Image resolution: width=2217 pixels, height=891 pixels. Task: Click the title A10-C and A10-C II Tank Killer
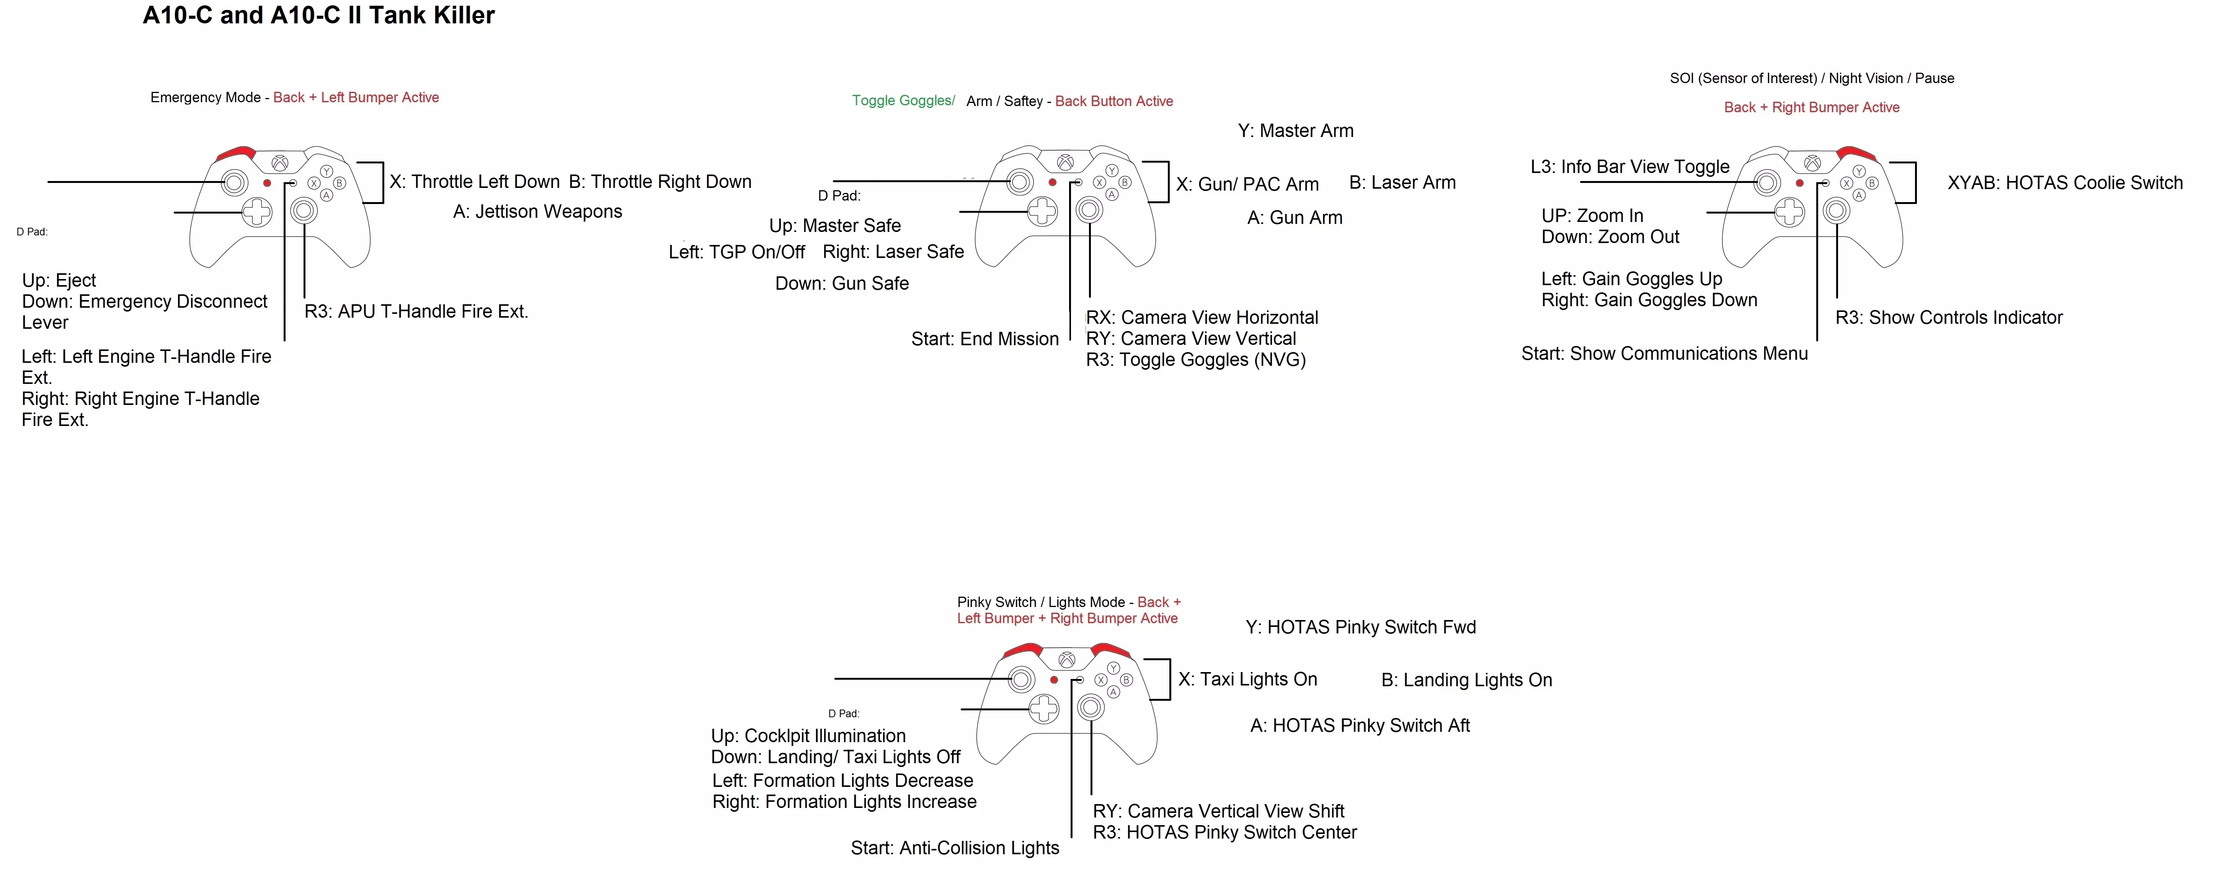[x=318, y=15]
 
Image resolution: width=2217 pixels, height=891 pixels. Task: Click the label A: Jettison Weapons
[x=537, y=212]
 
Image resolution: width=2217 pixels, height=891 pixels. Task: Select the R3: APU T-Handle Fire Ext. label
[x=416, y=312]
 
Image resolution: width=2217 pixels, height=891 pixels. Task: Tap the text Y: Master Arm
[x=1295, y=131]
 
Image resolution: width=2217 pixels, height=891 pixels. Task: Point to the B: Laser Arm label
[x=1402, y=183]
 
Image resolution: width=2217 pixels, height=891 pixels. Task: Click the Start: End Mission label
[x=984, y=339]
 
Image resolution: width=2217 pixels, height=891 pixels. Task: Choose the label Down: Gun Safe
[x=842, y=283]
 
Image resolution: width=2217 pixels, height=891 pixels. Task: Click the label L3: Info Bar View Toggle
[x=1629, y=167]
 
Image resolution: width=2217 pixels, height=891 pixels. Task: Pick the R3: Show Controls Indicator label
[x=1948, y=318]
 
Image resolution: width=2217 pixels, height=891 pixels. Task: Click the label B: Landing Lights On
[x=1466, y=680]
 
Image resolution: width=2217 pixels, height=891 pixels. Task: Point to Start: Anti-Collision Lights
[x=955, y=848]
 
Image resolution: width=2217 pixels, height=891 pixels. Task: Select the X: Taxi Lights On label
[x=1247, y=679]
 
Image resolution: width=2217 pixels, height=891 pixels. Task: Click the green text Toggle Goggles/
[x=903, y=101]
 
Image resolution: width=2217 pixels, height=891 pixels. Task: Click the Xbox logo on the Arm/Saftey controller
[x=1066, y=162]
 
